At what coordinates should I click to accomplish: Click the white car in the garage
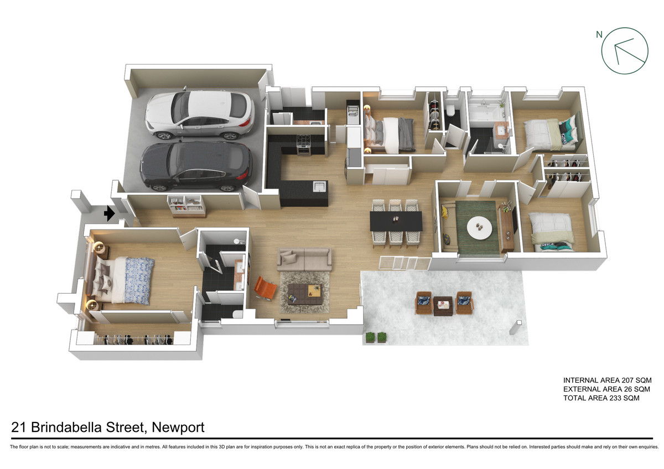200,114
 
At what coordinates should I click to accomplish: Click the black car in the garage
196,166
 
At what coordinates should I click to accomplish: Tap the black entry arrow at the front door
109,213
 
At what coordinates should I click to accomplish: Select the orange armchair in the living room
264,288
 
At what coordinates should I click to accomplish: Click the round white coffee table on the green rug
479,228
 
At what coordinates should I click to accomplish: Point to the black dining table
396,221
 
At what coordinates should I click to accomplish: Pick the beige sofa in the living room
304,259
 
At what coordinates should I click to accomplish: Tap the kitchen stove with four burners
304,145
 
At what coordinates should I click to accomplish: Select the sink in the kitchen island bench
319,186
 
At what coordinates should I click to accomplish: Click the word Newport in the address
178,428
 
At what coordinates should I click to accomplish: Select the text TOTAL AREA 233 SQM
601,398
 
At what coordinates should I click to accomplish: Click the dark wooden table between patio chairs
443,306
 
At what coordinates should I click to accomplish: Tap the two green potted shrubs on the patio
376,337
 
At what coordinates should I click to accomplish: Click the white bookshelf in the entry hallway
186,206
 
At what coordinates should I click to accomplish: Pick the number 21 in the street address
18,427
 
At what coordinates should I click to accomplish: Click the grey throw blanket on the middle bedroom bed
406,135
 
